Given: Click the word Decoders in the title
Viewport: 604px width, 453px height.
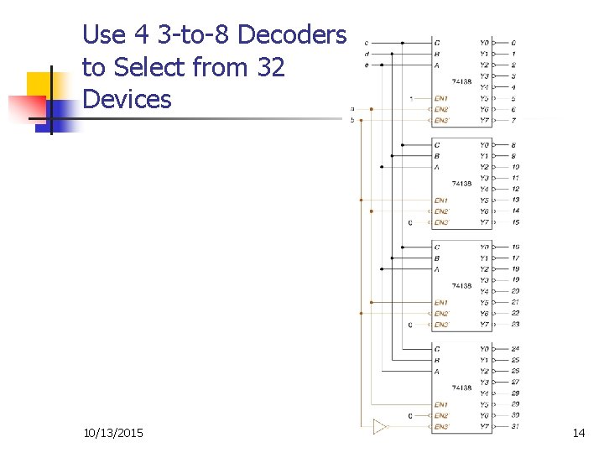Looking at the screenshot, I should click(x=292, y=34).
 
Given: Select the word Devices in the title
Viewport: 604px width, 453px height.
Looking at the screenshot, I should click(x=127, y=99).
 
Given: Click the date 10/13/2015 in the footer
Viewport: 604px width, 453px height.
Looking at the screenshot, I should click(x=113, y=433).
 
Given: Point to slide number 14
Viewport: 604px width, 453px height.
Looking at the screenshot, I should click(x=578, y=433).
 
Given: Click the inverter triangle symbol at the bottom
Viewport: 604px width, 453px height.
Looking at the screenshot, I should click(x=380, y=427).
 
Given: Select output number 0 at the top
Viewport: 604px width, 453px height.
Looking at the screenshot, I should click(x=513, y=43).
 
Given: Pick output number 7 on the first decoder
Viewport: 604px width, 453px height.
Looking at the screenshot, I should click(x=513, y=120).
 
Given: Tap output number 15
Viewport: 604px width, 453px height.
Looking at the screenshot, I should click(x=514, y=222).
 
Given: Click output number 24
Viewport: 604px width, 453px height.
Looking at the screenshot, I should click(x=514, y=349).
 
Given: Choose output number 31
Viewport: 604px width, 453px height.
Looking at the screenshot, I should click(x=514, y=426).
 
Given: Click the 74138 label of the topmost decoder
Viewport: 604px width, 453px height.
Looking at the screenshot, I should click(x=461, y=81).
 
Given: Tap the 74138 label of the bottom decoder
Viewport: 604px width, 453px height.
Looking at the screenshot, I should click(x=461, y=388).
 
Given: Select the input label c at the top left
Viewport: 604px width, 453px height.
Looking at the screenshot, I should click(x=367, y=43).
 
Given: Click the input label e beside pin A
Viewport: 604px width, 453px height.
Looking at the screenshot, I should click(x=367, y=65).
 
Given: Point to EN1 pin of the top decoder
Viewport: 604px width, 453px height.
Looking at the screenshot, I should click(x=441, y=98).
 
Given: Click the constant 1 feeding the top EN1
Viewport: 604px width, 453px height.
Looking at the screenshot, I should click(x=410, y=98).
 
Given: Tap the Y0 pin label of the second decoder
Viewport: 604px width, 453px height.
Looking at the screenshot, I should click(x=485, y=145).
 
